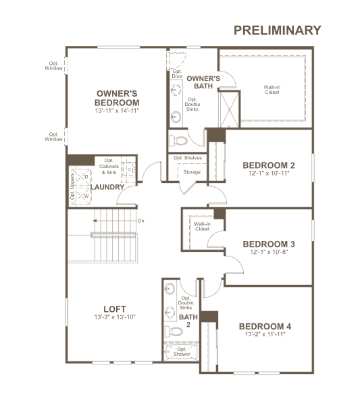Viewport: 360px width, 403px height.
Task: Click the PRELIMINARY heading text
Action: (278, 30)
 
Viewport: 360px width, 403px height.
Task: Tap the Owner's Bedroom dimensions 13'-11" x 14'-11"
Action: (117, 111)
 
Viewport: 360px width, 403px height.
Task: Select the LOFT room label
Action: (115, 309)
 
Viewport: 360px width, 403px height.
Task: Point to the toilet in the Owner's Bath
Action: (178, 141)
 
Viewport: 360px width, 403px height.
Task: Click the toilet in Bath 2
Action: (174, 331)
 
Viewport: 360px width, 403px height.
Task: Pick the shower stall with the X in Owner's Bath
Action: (229, 109)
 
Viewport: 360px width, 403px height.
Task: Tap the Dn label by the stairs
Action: (141, 221)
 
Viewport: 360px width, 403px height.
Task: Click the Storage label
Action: (192, 172)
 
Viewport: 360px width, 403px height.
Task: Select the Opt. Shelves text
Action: (188, 158)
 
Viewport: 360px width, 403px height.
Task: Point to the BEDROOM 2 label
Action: (269, 165)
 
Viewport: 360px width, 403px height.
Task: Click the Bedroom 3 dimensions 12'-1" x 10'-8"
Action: (269, 252)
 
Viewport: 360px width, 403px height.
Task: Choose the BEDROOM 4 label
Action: (265, 327)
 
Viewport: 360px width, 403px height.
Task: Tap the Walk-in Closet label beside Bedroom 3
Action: (202, 226)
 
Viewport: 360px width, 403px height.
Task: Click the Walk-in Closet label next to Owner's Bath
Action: (272, 90)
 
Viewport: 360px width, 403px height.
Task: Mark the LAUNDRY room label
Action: (107, 187)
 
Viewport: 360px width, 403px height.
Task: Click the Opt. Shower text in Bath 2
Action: (182, 352)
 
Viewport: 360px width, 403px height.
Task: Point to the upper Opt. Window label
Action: (53, 65)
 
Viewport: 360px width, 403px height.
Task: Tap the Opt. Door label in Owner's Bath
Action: (177, 74)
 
